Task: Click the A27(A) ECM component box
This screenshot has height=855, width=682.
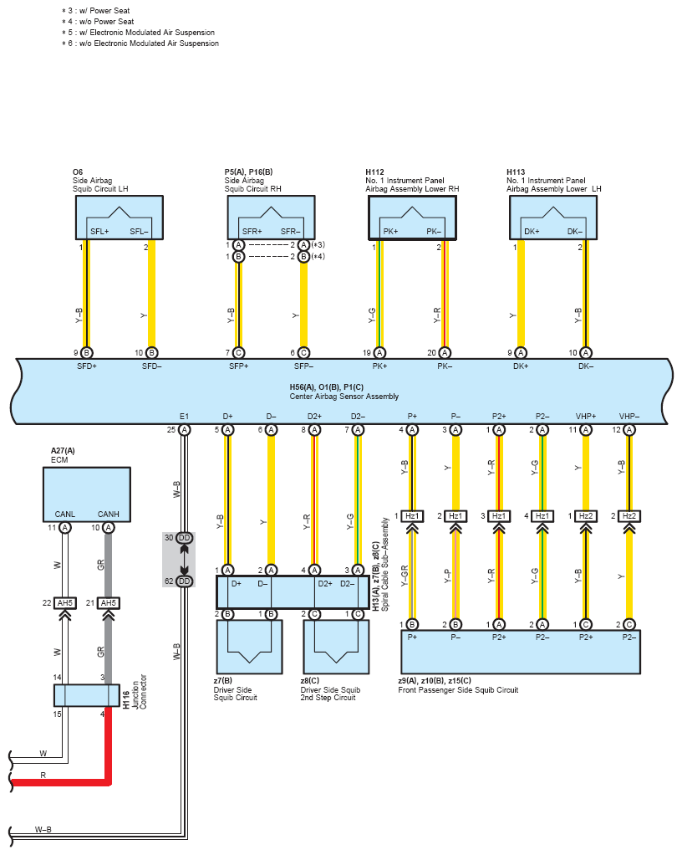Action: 87,494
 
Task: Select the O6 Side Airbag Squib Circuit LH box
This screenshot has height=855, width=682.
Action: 120,218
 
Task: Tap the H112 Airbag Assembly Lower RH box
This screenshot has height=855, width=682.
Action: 412,218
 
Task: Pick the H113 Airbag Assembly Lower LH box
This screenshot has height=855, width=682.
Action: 553,218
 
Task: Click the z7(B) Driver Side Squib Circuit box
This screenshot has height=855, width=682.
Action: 250,647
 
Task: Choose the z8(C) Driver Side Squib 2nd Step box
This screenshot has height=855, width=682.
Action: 336,647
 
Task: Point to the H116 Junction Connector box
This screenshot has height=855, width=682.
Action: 87,695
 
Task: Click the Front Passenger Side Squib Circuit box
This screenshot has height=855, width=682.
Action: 521,653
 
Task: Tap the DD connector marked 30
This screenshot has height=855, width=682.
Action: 184,538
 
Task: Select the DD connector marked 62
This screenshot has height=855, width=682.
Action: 184,581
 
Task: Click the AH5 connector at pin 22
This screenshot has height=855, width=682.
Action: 65,603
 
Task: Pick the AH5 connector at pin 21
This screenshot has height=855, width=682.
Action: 109,603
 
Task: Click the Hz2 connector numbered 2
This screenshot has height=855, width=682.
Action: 629,516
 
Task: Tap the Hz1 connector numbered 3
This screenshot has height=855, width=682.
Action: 499,516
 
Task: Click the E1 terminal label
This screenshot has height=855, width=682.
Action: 184,416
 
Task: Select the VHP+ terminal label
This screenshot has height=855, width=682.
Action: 586,416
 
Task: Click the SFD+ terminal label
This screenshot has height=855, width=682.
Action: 87,366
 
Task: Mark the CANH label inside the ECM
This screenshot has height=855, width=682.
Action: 109,515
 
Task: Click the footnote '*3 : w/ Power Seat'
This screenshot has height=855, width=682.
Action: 96,10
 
